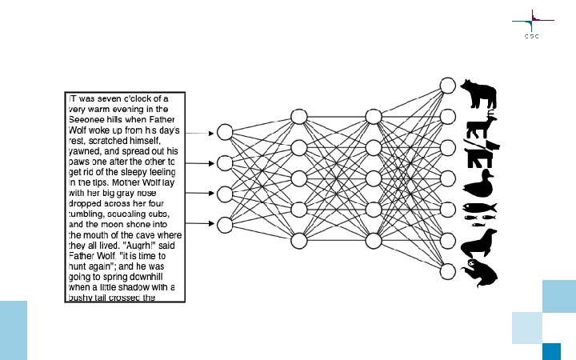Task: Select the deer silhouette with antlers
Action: pos(482,126)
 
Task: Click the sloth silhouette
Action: pos(480,273)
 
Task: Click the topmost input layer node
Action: pos(225,132)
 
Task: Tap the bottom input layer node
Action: pos(225,224)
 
